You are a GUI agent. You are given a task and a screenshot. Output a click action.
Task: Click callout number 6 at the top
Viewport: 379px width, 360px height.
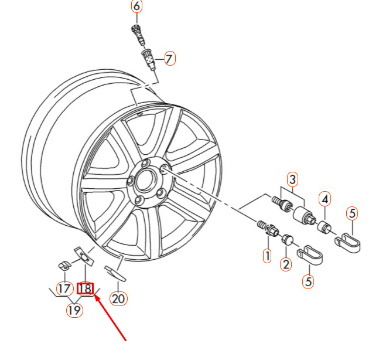(x=136, y=7)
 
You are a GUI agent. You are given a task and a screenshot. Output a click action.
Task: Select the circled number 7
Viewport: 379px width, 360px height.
(x=169, y=59)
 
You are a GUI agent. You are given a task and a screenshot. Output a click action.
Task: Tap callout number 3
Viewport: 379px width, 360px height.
(x=292, y=179)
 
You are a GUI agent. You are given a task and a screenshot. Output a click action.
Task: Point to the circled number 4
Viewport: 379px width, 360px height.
(x=325, y=199)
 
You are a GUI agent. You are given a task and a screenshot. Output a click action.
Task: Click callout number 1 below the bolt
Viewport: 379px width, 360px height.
(x=267, y=256)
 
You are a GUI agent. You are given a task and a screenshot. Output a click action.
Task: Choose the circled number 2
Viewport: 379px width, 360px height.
(x=286, y=264)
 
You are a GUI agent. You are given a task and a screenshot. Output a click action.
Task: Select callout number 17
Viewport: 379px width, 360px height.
(x=64, y=288)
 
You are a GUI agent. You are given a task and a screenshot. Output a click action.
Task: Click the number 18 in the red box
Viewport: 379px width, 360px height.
(x=86, y=288)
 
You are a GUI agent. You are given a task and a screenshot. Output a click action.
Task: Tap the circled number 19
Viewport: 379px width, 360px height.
(x=74, y=310)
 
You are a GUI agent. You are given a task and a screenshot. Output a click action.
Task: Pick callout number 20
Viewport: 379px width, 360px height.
(x=119, y=298)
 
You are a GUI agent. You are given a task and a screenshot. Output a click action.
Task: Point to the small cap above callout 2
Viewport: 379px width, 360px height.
(x=288, y=239)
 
